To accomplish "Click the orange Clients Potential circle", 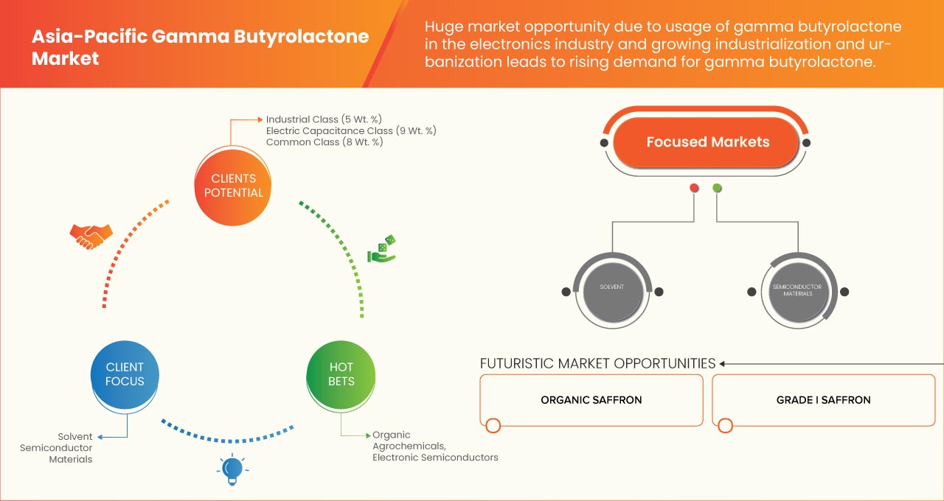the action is (232, 186).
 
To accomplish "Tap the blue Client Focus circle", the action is (125, 375).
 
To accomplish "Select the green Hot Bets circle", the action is (341, 375).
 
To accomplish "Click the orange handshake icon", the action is (91, 237).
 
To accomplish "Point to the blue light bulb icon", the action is (232, 469).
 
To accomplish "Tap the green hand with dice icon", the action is (382, 249).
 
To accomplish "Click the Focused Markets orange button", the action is (707, 142).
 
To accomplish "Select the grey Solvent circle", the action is (612, 291).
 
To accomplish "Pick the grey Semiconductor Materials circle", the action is (798, 291).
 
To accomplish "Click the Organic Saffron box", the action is (591, 400).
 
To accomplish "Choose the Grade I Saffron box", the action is (824, 400).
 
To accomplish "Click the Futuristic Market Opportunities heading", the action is (597, 363).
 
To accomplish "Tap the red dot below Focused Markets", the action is (694, 188).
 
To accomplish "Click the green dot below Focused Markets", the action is (717, 188).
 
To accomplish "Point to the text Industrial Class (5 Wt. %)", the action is (324, 119).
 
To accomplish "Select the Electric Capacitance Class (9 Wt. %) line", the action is (351, 131).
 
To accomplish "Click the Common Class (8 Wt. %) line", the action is (324, 142).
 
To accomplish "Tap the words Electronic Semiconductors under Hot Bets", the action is (435, 458).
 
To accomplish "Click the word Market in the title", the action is (66, 58).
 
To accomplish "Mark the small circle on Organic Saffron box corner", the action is (493, 425).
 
